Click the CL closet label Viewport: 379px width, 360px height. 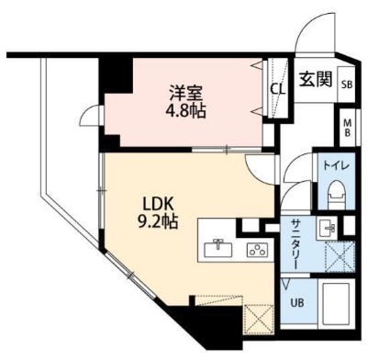[x=277, y=89]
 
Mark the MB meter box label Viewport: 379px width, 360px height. [x=347, y=127]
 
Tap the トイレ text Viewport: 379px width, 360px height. [x=330, y=166]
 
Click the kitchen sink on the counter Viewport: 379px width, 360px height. [x=220, y=247]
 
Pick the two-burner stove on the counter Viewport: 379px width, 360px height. [x=256, y=248]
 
